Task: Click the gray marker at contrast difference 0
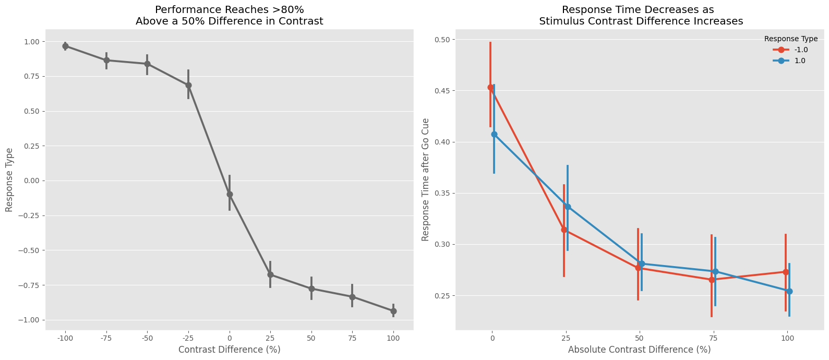230,194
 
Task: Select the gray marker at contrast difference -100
65,46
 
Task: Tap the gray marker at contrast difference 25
270,274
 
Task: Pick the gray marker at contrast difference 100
393,311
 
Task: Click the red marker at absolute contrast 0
490,88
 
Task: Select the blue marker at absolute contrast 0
494,134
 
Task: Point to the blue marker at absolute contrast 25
568,207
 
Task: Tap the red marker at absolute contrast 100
786,272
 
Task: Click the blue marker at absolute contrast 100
789,291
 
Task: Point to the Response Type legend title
790,39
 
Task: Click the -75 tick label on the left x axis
106,338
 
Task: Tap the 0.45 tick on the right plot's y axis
444,91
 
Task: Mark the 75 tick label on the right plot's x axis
713,338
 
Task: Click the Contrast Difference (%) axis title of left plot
230,350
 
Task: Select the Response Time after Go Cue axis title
426,179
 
